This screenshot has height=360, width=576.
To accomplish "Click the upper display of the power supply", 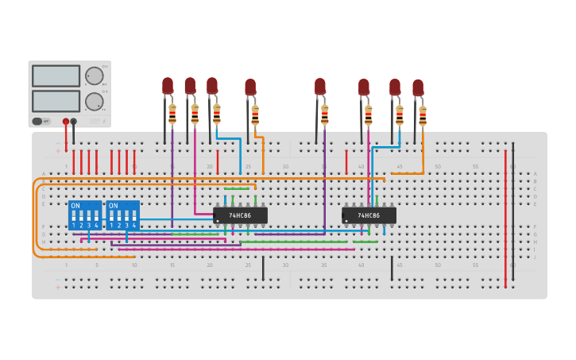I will [x=56, y=76].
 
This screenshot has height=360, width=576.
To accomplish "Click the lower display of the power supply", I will [x=56, y=101].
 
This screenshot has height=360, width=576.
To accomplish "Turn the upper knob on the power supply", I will [x=94, y=75].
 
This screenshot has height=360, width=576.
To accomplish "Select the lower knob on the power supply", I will [x=94, y=101].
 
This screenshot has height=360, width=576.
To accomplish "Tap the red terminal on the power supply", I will [x=66, y=122].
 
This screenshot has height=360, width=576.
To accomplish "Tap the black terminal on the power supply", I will [x=74, y=122].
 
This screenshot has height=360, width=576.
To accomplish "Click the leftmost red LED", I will [x=168, y=86].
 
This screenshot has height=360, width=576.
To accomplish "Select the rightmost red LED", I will [x=418, y=87].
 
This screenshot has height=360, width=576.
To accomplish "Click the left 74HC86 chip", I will [x=240, y=215].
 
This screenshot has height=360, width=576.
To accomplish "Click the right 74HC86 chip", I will [x=369, y=215].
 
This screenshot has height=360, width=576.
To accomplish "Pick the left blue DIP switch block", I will [x=85, y=215].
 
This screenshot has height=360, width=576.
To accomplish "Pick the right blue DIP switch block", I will [x=122, y=215].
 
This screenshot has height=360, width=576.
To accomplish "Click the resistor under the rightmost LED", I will [x=423, y=116].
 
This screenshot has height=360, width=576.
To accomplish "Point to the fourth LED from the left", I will [x=250, y=87].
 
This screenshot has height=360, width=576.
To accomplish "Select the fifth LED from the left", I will [x=320, y=87].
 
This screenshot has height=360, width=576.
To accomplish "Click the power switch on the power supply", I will [x=37, y=122].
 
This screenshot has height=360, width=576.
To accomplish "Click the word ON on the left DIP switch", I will [x=75, y=206].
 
